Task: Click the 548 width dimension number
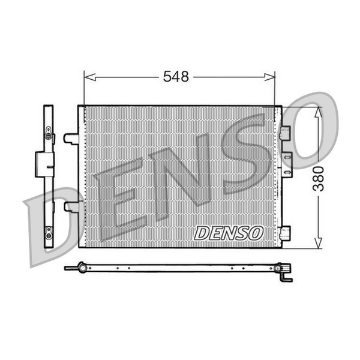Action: click(176, 76)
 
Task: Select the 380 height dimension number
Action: click(318, 179)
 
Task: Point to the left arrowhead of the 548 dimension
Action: click(90, 77)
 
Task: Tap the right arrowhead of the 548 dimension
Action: click(269, 77)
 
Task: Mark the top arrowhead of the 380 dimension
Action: click(318, 113)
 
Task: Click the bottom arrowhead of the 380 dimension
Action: click(318, 242)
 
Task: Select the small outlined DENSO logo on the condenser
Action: click(229, 233)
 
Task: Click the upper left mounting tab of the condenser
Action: click(71, 139)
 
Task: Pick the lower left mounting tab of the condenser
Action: click(71, 206)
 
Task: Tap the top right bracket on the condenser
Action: click(285, 133)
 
